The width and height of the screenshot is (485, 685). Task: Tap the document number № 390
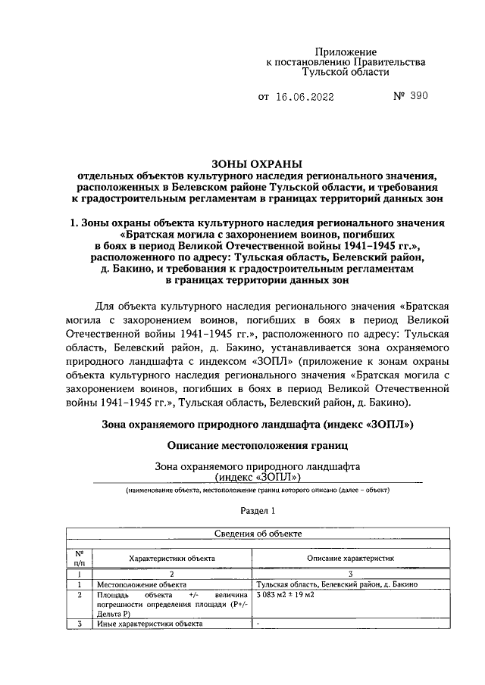pos(411,97)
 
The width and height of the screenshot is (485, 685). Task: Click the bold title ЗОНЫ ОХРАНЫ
pos(256,163)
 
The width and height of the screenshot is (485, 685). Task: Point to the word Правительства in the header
pos(386,61)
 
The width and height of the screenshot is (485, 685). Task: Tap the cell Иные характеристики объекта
pos(149,624)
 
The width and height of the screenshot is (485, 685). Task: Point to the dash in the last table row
pos(259,624)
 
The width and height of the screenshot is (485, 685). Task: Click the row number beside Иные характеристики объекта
pos(79,624)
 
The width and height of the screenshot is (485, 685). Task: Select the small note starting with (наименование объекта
pos(258,490)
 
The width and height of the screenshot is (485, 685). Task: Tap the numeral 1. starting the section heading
pos(74,224)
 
